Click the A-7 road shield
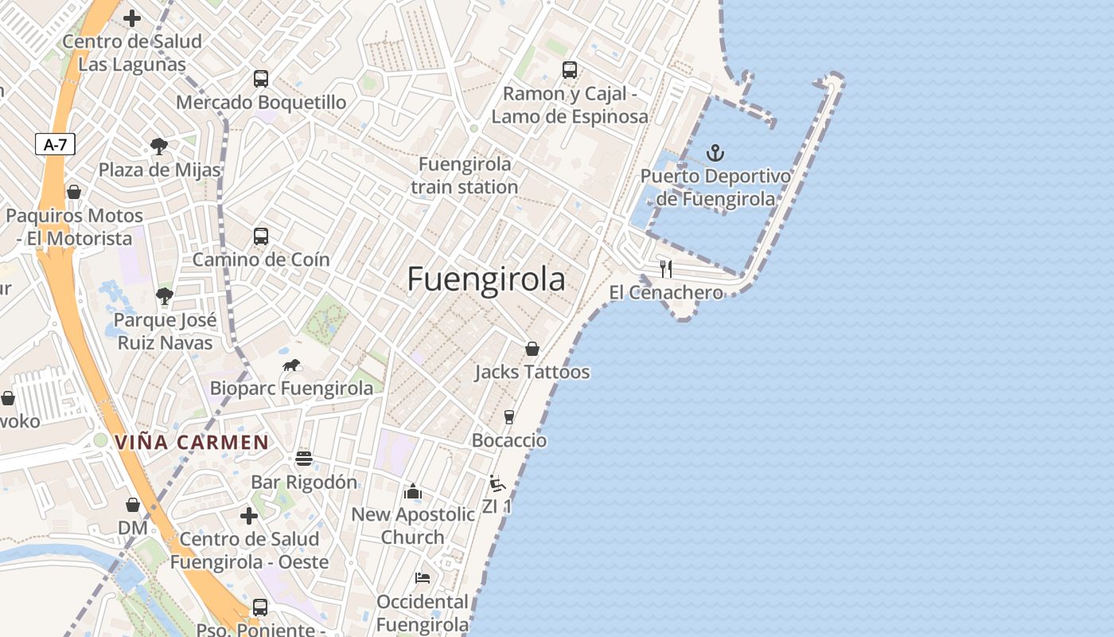coord(55,144)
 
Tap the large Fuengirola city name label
coord(486,279)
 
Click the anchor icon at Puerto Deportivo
coord(715,152)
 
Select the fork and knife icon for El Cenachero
coord(666,268)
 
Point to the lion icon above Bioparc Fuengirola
coord(291,365)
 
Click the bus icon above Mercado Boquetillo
coord(261,79)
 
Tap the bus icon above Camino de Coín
coord(261,236)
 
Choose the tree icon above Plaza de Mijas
coord(159,146)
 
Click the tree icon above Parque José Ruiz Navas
coord(165,297)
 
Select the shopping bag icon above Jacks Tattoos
coord(532,349)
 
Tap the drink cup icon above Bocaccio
coord(509,416)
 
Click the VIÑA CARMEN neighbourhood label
coord(192,442)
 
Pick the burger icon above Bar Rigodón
coord(303,459)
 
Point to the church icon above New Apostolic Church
coord(412,491)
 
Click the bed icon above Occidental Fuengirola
coord(423,577)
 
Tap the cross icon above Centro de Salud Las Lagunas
coord(132,18)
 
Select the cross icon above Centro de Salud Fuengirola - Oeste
coord(249,516)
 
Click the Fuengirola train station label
coord(465,175)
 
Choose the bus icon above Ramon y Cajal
coord(570,70)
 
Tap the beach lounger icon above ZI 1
coord(497,483)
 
